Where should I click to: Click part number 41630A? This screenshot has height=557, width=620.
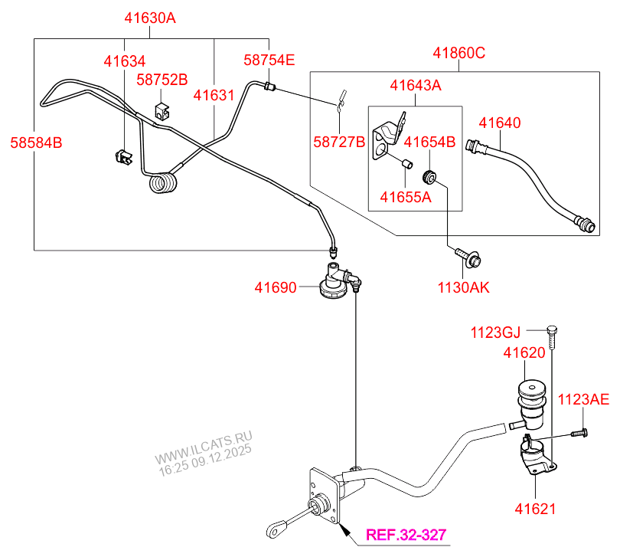(x=151, y=17)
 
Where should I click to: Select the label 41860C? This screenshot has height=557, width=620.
(x=459, y=54)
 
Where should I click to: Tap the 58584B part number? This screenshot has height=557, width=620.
(x=36, y=142)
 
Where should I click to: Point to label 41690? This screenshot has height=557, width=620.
(x=275, y=287)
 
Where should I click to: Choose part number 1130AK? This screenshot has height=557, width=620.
(x=463, y=287)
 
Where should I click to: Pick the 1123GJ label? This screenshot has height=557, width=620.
(x=495, y=332)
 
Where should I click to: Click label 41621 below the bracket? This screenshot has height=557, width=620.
(x=535, y=508)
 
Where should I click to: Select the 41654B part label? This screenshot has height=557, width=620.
(x=429, y=142)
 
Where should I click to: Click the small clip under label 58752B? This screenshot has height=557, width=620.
(x=162, y=109)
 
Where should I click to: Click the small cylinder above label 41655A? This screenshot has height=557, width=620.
(x=407, y=163)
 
